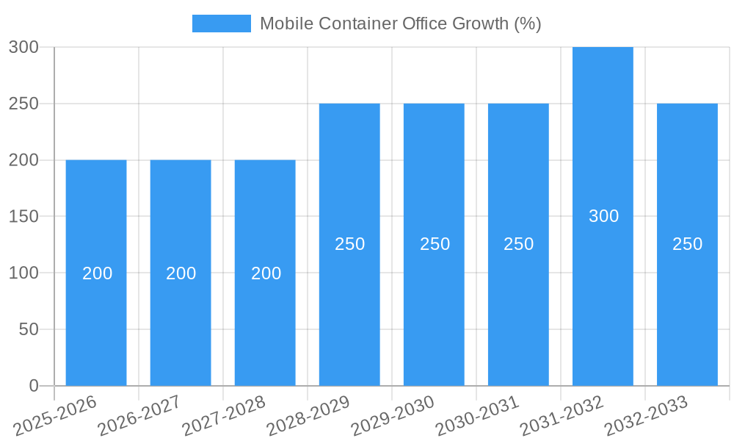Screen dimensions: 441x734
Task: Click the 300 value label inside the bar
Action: (603, 216)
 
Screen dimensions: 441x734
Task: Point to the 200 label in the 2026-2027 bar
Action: (181, 273)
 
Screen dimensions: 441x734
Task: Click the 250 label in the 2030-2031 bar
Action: (518, 244)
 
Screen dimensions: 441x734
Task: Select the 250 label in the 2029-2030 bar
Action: (435, 244)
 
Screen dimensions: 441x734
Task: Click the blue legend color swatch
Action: (221, 24)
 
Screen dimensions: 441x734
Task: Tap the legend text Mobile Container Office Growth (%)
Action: (400, 24)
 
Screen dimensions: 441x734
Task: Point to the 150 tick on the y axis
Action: (23, 217)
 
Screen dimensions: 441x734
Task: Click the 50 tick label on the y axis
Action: (29, 329)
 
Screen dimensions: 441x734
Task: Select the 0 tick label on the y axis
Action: (34, 386)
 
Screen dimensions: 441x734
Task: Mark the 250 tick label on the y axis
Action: (23, 104)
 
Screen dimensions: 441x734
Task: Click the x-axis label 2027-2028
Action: (225, 416)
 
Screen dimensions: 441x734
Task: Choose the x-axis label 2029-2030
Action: (393, 416)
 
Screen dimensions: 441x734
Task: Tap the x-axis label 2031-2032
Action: (562, 416)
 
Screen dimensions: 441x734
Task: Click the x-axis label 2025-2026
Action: (56, 416)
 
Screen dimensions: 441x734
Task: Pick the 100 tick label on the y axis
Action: (23, 273)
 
